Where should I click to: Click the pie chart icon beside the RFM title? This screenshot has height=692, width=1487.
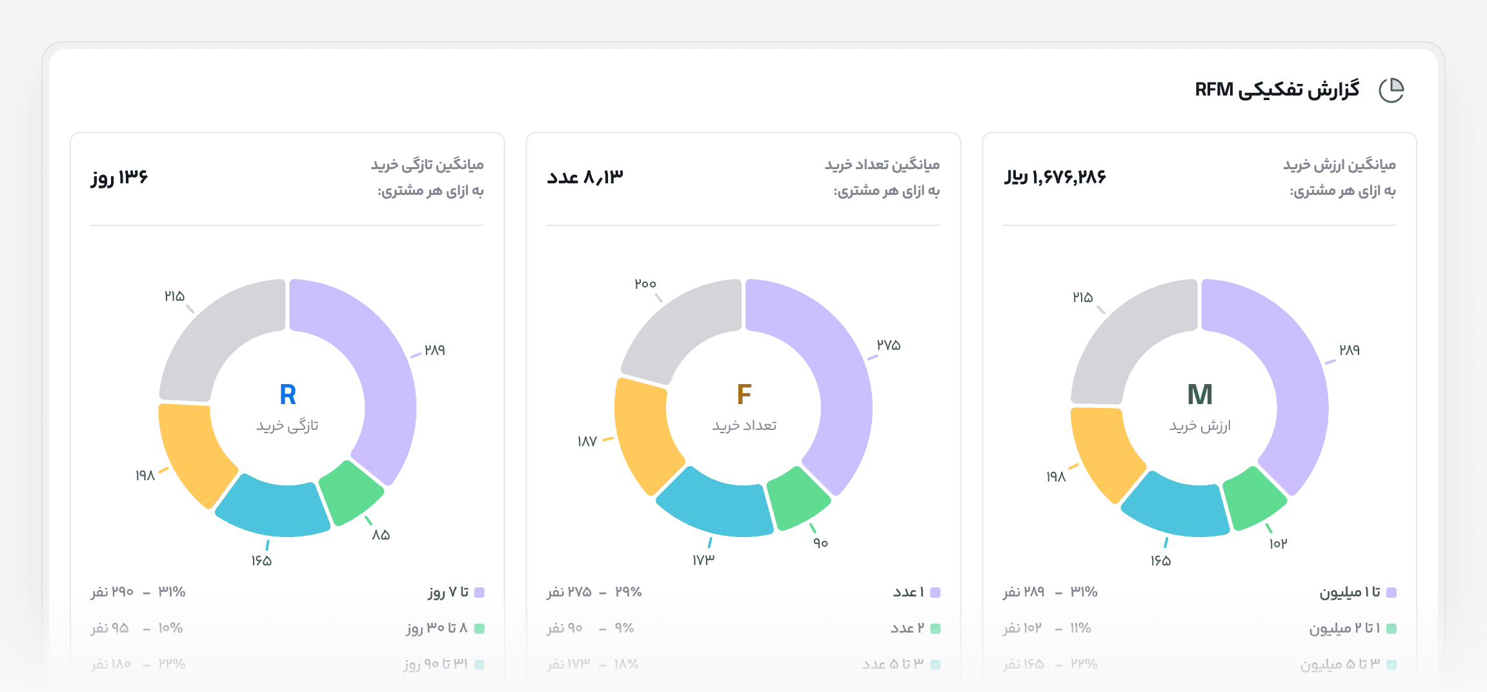pyautogui.click(x=1391, y=90)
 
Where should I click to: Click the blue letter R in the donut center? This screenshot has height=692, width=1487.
pyautogui.click(x=288, y=394)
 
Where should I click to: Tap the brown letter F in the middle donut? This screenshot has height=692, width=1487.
pyautogui.click(x=743, y=394)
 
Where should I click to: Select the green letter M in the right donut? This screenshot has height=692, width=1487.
pyautogui.click(x=1200, y=394)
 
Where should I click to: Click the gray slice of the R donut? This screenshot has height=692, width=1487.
pyautogui.click(x=216, y=336)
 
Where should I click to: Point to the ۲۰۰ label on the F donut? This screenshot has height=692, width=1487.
pyautogui.click(x=645, y=284)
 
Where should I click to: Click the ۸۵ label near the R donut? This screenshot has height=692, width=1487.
pyautogui.click(x=381, y=535)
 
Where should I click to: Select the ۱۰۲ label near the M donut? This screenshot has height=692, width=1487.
pyautogui.click(x=1278, y=544)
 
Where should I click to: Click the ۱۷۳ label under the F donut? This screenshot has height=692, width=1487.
pyautogui.click(x=703, y=560)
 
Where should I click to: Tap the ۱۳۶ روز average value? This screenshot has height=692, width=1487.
pyautogui.click(x=120, y=177)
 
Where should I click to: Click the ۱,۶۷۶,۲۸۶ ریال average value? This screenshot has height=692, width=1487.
pyautogui.click(x=1055, y=177)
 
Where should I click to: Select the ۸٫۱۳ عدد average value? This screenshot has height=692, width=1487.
pyautogui.click(x=585, y=177)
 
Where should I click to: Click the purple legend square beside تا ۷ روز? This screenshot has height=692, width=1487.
pyautogui.click(x=479, y=593)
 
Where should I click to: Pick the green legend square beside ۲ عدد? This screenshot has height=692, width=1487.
pyautogui.click(x=935, y=629)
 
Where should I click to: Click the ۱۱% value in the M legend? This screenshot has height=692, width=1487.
pyautogui.click(x=1080, y=628)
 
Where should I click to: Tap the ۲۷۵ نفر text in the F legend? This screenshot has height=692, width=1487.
pyautogui.click(x=569, y=592)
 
